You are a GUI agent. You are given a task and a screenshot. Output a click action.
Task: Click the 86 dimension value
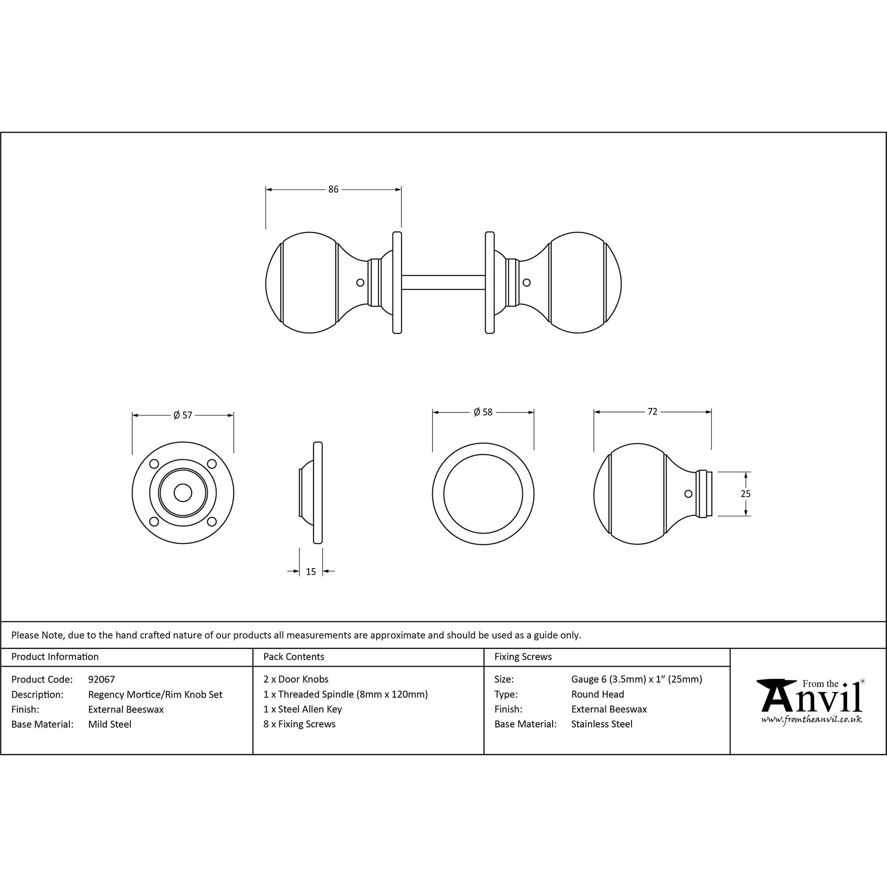334,189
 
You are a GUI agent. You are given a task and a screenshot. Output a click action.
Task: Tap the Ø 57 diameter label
183,415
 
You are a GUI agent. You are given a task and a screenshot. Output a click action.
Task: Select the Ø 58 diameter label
483,412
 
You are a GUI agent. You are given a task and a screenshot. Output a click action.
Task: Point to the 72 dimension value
652,412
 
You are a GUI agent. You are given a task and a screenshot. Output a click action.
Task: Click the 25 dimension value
746,494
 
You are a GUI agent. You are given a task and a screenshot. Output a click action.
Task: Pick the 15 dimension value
311,572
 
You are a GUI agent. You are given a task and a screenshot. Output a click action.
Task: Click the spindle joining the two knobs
443,283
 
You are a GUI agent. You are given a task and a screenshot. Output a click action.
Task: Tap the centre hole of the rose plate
183,494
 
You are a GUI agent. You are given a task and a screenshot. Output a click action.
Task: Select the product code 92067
102,679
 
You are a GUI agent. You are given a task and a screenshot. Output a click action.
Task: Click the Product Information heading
55,656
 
